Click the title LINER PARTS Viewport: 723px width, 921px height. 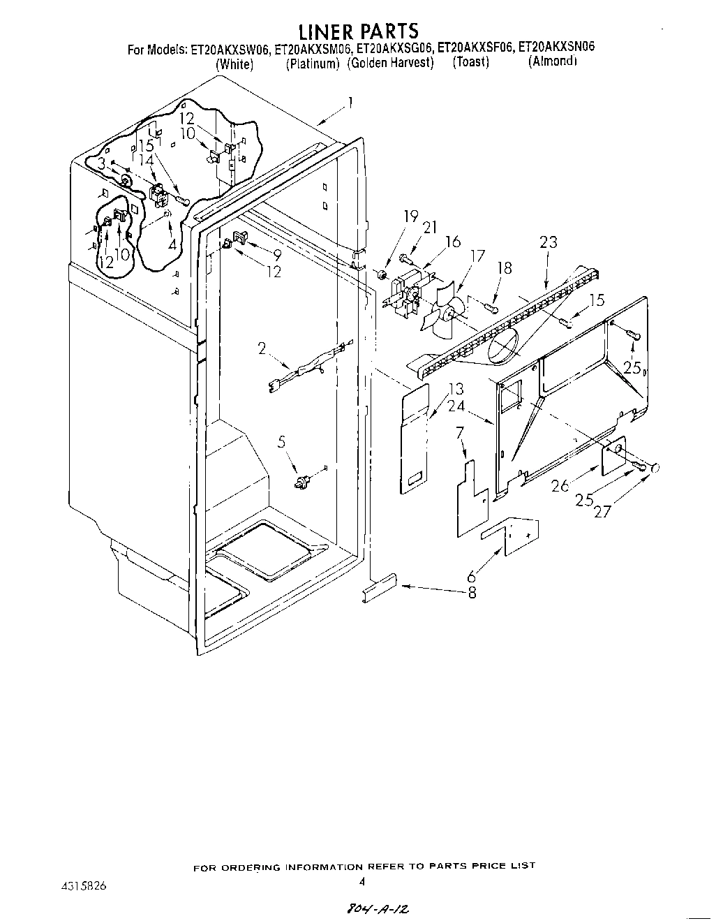(358, 31)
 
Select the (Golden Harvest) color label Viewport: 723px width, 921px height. (391, 63)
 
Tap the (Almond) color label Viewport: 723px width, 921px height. (553, 61)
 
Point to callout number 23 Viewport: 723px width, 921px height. (549, 242)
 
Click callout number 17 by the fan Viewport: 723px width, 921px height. (477, 256)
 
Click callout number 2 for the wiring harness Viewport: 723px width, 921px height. (262, 349)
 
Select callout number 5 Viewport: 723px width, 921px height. (282, 442)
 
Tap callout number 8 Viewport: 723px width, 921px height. (472, 592)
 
